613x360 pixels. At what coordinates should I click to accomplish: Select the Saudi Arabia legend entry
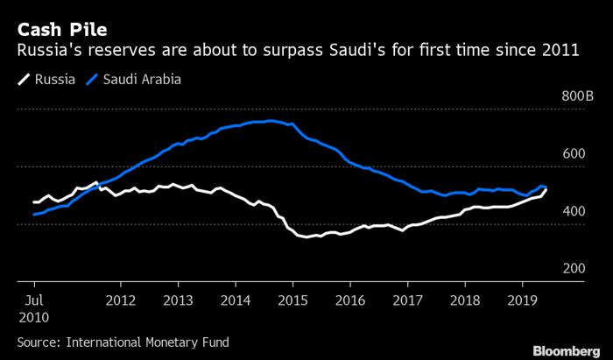141,81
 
